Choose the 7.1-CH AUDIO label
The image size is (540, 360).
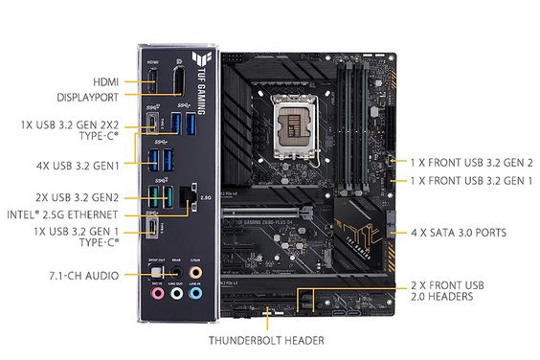tap(84, 276)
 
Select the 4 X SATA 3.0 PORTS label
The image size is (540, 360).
tap(458, 232)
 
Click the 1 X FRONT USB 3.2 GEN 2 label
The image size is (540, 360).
tap(472, 163)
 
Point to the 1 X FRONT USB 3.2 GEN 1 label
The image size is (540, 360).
tap(472, 180)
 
